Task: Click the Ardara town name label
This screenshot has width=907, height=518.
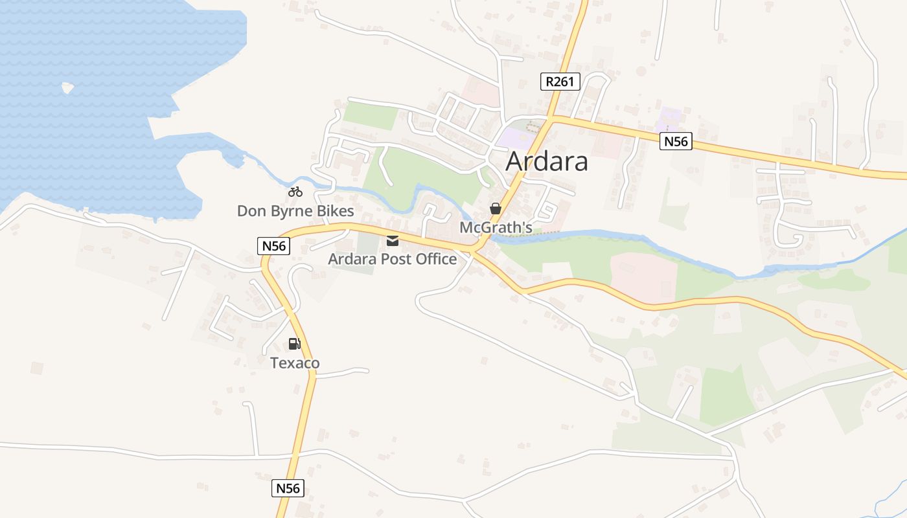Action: pyautogui.click(x=546, y=161)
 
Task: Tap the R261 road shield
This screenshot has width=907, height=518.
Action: pyautogui.click(x=560, y=82)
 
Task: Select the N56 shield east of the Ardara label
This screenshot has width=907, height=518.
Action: pyautogui.click(x=676, y=141)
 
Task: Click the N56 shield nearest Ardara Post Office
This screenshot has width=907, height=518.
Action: pyautogui.click(x=273, y=246)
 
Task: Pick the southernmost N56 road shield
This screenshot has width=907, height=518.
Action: pyautogui.click(x=288, y=488)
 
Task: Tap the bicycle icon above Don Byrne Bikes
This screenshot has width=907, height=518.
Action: pyautogui.click(x=295, y=192)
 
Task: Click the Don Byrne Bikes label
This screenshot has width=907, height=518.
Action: pyautogui.click(x=295, y=211)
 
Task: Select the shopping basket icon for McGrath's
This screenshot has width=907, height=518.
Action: pyautogui.click(x=496, y=208)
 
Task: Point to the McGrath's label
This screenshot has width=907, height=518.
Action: pyautogui.click(x=496, y=227)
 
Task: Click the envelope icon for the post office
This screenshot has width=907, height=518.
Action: pyautogui.click(x=393, y=241)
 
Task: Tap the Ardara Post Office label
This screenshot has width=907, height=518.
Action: pyautogui.click(x=392, y=259)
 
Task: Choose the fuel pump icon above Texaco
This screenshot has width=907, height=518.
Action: pyautogui.click(x=295, y=344)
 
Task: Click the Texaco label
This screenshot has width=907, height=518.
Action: pyautogui.click(x=295, y=363)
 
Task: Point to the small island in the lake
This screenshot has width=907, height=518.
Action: pyautogui.click(x=67, y=87)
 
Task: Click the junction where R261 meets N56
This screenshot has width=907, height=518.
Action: pyautogui.click(x=550, y=118)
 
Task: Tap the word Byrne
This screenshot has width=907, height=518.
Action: pyautogui.click(x=295, y=211)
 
